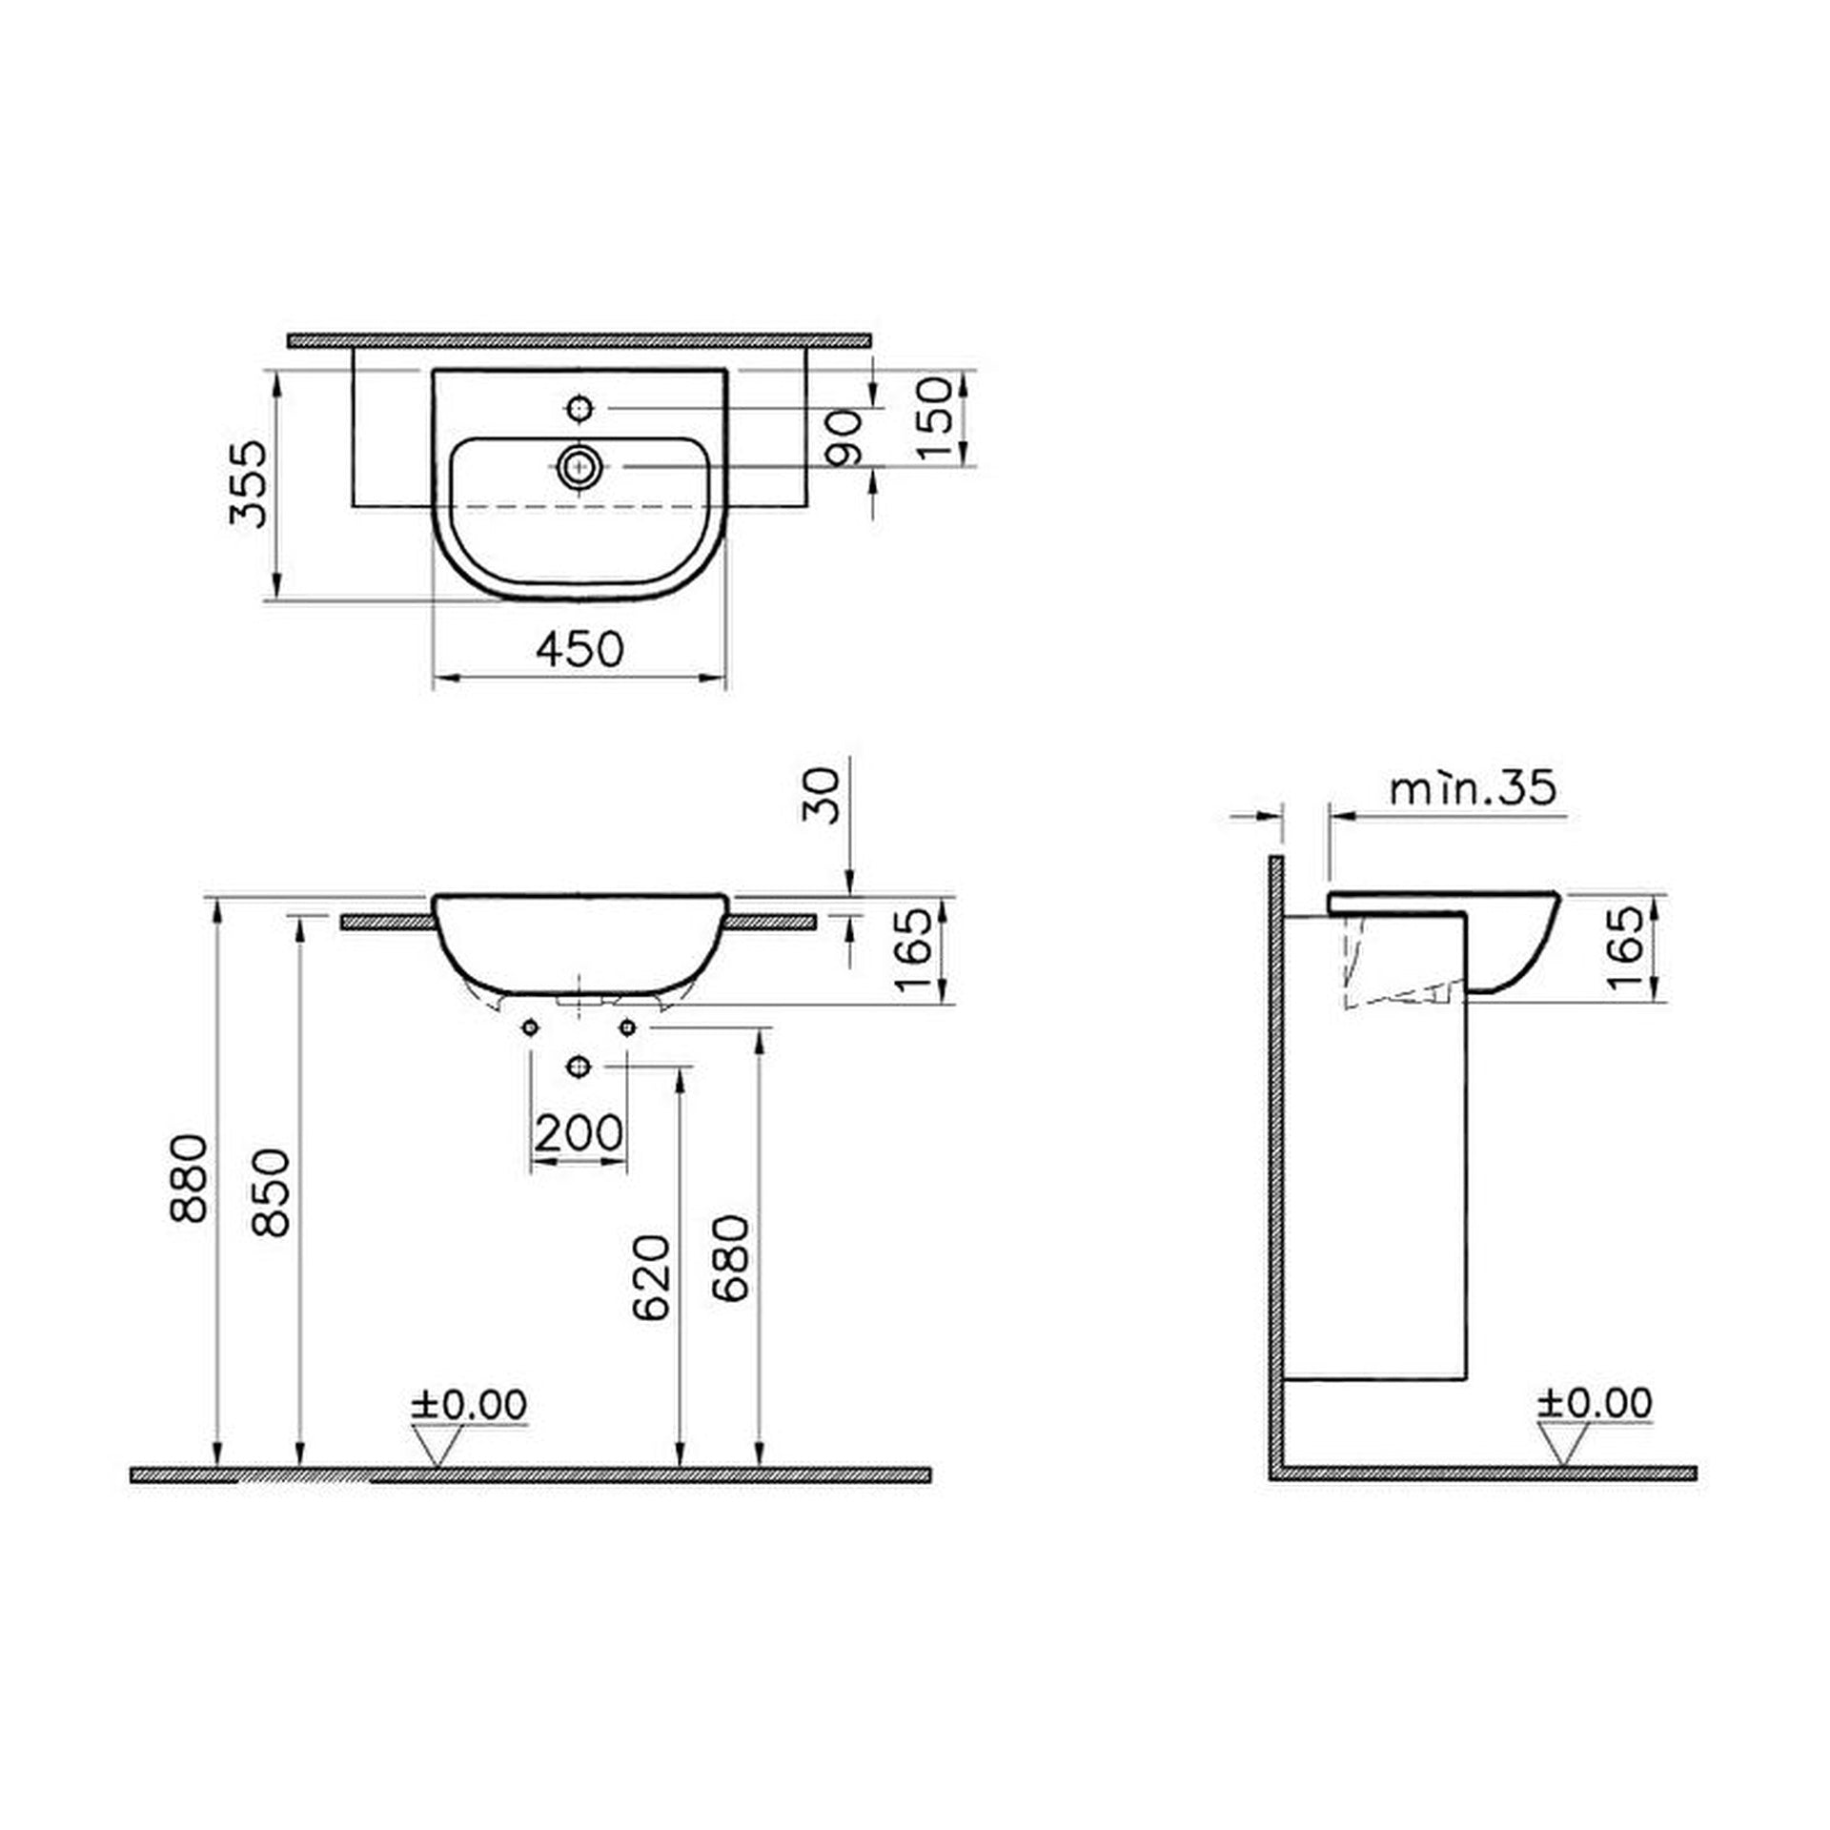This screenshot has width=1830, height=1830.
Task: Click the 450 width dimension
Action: pos(579,649)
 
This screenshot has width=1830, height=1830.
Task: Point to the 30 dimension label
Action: pos(822,796)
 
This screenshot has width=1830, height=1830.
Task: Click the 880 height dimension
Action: pos(189,1177)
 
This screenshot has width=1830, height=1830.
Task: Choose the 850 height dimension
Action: pos(271,1193)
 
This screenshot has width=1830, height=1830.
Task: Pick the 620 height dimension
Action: pos(652,1277)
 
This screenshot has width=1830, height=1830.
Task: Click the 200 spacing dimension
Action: pos(579,1133)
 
